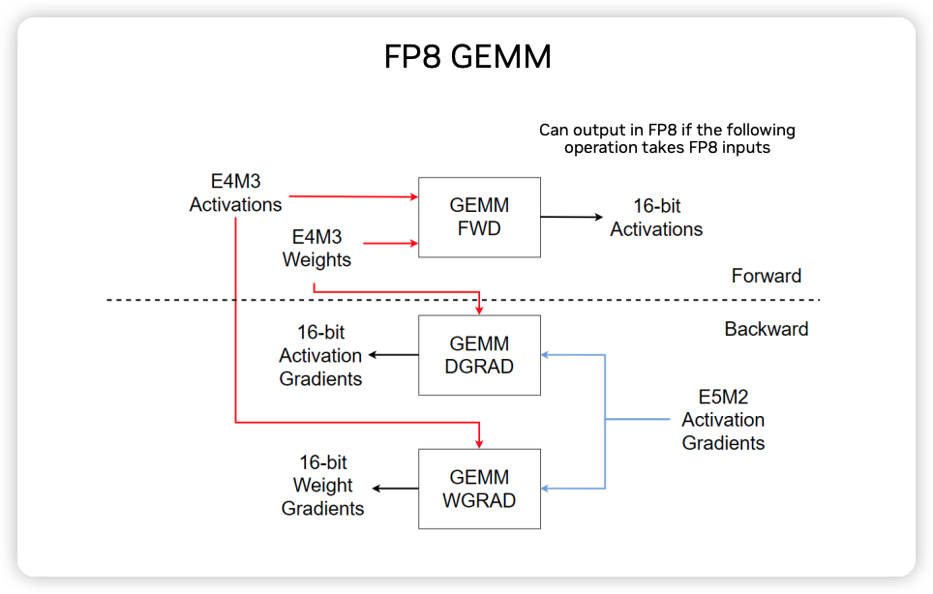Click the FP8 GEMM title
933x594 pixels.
click(467, 57)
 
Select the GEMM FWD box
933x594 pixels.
click(480, 217)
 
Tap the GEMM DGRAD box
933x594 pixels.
click(480, 355)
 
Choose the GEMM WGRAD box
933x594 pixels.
click(480, 489)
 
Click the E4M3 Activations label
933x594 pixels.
click(235, 193)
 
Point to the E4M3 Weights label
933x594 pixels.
click(316, 249)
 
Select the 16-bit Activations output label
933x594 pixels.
click(656, 218)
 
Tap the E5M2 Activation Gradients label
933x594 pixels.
click(723, 420)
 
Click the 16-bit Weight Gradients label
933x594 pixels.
click(322, 486)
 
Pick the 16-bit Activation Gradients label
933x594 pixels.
click(320, 356)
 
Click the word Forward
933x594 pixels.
click(767, 276)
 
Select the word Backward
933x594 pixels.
click(767, 329)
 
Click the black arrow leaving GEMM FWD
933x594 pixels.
click(572, 217)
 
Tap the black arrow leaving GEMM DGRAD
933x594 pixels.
click(393, 355)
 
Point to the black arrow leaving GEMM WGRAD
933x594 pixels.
click(395, 489)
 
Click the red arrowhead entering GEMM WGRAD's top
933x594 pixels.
click(480, 444)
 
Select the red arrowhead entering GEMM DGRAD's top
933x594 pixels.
click(480, 311)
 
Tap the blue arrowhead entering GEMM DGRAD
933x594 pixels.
click(545, 355)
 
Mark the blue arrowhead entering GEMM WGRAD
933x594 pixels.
click(545, 489)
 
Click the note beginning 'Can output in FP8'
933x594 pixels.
click(667, 138)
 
